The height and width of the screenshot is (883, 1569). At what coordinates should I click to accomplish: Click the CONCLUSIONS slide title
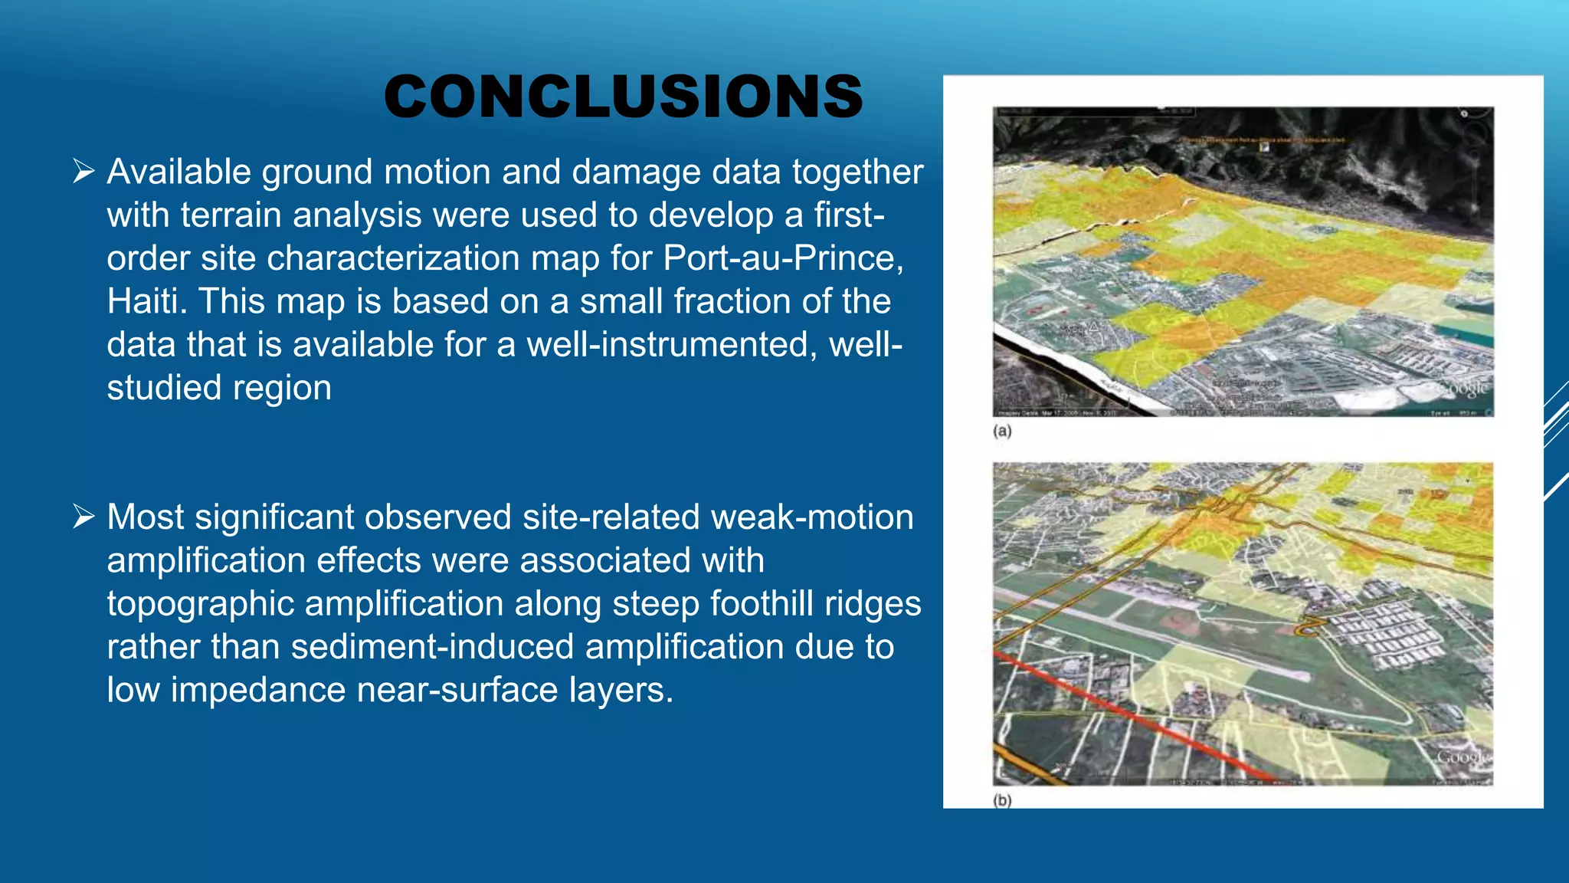(x=623, y=97)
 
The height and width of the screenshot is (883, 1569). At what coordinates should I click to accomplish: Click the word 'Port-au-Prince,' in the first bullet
(x=783, y=258)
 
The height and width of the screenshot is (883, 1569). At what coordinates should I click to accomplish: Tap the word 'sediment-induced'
(x=432, y=647)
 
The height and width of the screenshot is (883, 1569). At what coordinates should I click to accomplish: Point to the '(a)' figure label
(x=1002, y=432)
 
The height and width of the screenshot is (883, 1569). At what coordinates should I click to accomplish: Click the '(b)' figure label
(x=1002, y=801)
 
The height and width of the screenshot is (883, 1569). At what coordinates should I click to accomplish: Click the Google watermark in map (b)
(x=1463, y=757)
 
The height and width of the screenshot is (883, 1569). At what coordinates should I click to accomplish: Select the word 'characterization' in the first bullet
(x=395, y=258)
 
